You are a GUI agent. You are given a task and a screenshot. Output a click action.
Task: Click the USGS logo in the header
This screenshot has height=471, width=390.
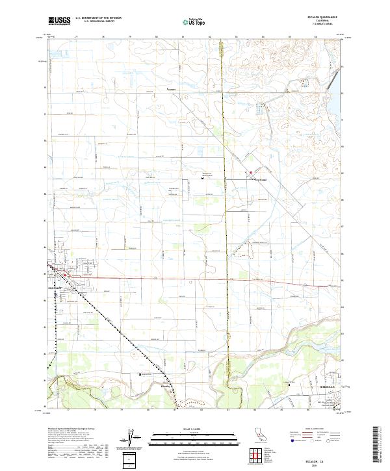(58, 20)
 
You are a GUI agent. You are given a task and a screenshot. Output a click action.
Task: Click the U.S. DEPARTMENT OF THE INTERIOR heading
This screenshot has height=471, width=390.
(98, 18)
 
